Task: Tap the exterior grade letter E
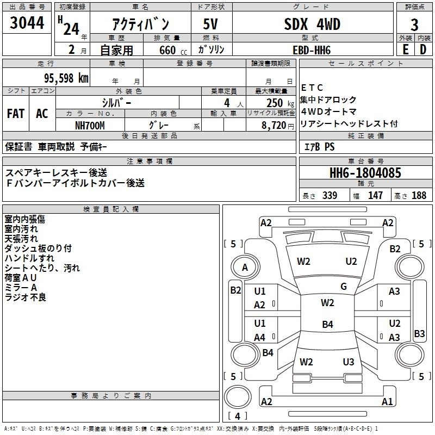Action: (405, 49)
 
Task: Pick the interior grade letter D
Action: (423, 49)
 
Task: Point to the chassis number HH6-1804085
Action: (365, 173)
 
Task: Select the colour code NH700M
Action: (89, 125)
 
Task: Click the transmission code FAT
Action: (15, 114)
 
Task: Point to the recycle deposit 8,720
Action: (275, 125)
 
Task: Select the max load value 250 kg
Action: (275, 102)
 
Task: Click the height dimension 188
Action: (419, 196)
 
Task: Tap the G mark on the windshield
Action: (344, 287)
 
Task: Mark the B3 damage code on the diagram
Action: (419, 334)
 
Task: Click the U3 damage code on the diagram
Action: (349, 362)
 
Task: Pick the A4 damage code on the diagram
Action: (260, 337)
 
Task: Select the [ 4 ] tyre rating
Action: (238, 416)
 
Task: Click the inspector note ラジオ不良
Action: (26, 297)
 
